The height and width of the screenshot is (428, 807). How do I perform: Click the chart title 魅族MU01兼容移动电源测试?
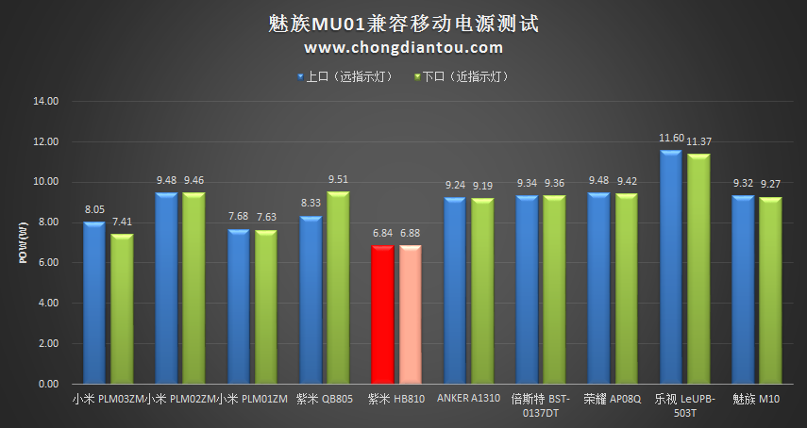click(x=403, y=22)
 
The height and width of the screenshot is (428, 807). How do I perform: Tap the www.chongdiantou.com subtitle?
click(x=403, y=47)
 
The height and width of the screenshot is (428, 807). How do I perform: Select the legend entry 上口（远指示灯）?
click(x=345, y=76)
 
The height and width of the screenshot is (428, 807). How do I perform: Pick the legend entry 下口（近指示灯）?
click(x=462, y=76)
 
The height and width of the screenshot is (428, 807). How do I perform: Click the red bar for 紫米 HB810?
click(x=382, y=315)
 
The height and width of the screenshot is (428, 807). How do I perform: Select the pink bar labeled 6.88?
click(x=410, y=315)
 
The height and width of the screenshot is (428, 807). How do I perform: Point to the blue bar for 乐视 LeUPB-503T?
click(x=671, y=268)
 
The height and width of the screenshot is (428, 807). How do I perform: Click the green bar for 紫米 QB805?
click(x=338, y=288)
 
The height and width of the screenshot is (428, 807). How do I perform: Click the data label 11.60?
click(x=671, y=138)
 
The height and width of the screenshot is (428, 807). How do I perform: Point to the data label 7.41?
click(x=122, y=222)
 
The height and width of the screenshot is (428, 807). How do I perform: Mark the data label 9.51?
click(x=338, y=180)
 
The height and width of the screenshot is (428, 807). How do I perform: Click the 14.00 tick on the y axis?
click(x=45, y=101)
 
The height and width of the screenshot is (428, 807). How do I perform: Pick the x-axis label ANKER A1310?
click(x=468, y=399)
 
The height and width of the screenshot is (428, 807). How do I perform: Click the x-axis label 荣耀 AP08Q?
click(x=614, y=399)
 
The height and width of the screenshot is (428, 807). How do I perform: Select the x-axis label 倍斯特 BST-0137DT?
click(x=541, y=405)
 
